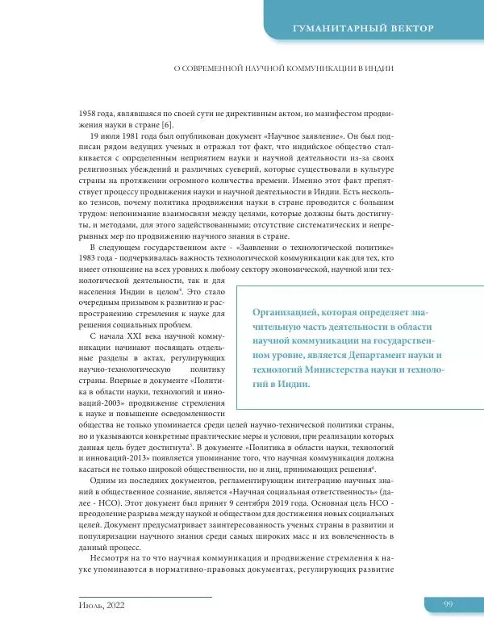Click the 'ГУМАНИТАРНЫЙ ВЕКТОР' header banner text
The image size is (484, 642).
click(365, 29)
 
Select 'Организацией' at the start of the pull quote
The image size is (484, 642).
click(285, 311)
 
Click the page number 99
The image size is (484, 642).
click(449, 605)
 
